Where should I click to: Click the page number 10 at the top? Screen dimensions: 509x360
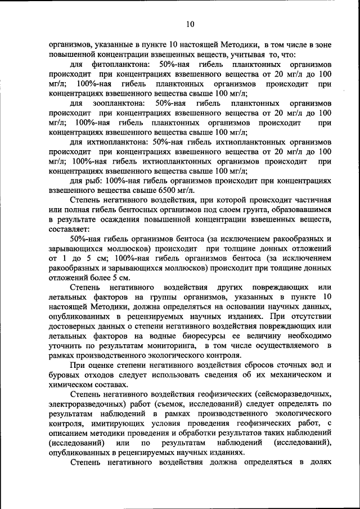[190, 24]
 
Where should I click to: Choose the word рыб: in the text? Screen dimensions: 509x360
[97, 181]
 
